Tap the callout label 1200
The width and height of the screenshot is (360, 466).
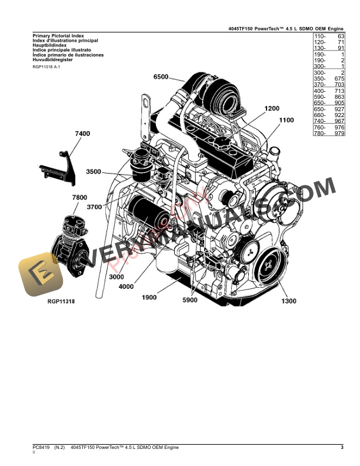(x=273, y=108)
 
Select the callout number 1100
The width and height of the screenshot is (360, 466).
(x=286, y=120)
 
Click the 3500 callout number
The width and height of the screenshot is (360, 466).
(x=94, y=172)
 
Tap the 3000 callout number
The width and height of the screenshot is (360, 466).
(x=118, y=277)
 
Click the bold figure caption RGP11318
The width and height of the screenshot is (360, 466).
(x=65, y=301)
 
